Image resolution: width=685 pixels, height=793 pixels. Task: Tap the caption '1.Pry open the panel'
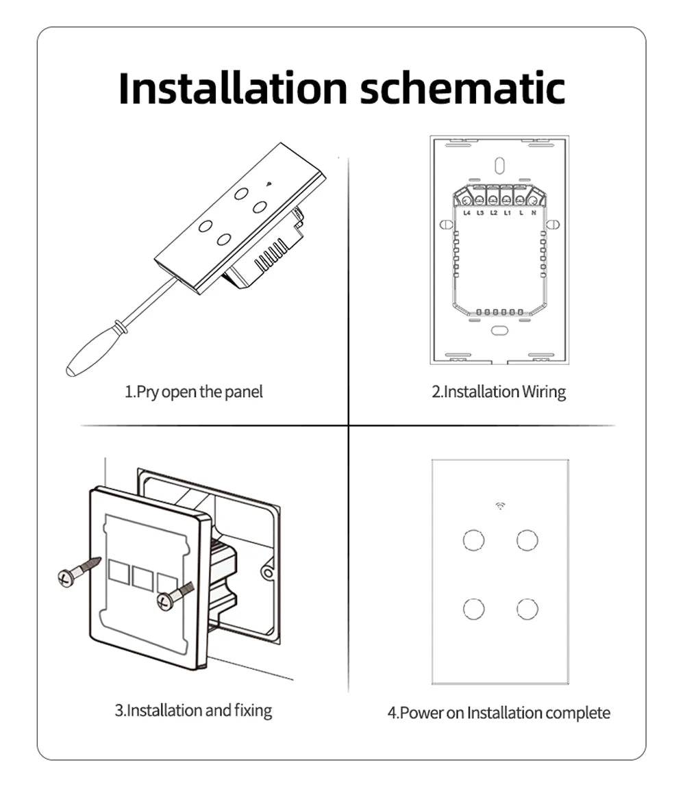click(x=194, y=392)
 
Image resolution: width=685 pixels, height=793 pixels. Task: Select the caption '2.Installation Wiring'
click(x=499, y=392)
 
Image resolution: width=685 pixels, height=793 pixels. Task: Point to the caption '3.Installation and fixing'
click(x=193, y=710)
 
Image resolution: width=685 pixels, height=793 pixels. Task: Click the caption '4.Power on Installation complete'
click(x=499, y=713)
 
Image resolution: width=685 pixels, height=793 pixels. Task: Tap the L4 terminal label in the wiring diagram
click(x=466, y=213)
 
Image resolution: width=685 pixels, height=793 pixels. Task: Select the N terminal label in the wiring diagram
click(x=533, y=213)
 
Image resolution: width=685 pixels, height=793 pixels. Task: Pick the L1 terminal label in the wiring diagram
click(x=507, y=213)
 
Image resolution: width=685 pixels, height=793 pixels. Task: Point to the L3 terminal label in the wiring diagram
click(x=480, y=213)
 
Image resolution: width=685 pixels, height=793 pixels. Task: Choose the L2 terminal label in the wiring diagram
click(x=493, y=213)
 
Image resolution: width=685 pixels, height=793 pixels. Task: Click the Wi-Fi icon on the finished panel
click(x=500, y=507)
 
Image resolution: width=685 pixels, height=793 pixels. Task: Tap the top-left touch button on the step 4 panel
click(x=473, y=540)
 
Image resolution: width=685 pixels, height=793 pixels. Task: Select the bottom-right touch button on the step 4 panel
click(x=527, y=608)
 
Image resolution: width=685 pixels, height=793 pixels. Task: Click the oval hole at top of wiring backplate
click(x=499, y=165)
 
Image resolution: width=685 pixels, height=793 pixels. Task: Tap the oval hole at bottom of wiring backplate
click(x=499, y=330)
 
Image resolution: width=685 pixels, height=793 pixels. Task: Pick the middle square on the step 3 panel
click(x=143, y=579)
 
